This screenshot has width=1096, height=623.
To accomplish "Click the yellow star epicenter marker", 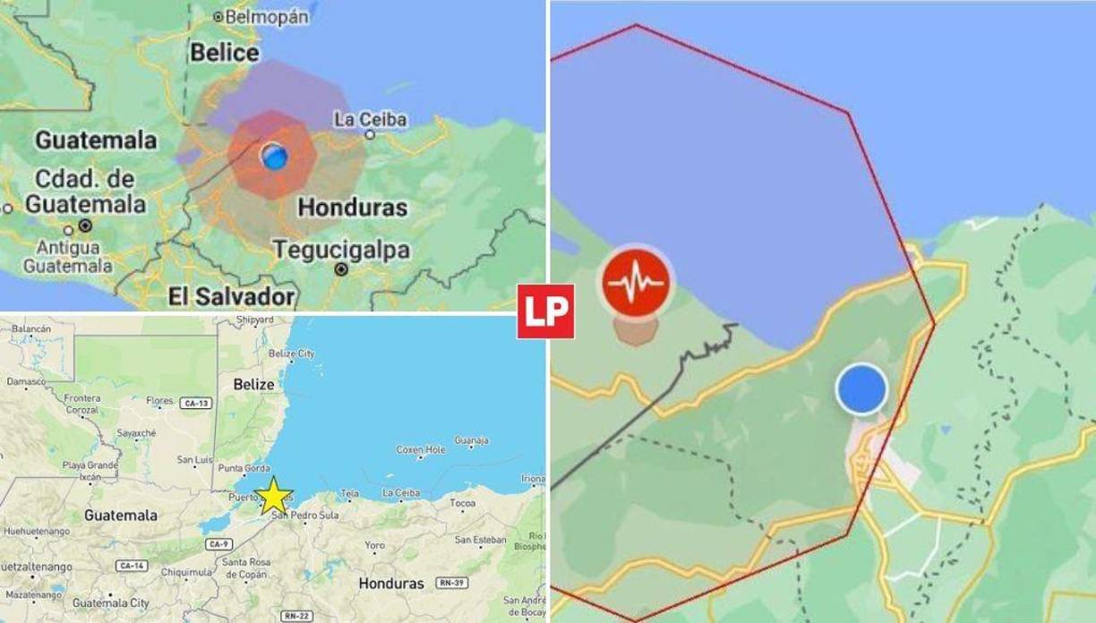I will (x=274, y=495).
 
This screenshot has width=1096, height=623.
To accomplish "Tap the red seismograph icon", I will (x=636, y=284).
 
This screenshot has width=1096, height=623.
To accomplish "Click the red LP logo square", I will (x=545, y=311).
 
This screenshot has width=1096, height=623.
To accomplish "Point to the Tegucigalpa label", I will (x=340, y=249).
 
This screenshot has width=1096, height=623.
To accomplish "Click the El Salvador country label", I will (x=231, y=296).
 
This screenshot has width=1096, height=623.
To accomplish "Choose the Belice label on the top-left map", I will (x=224, y=53).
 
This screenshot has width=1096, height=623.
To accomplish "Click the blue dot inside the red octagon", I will (x=275, y=156).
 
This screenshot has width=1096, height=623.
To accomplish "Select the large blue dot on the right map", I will (x=861, y=389).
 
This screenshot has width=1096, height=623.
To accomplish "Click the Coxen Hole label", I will (x=420, y=449).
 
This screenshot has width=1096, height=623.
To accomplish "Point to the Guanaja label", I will (x=471, y=440).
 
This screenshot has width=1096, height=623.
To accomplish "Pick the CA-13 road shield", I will (x=194, y=403).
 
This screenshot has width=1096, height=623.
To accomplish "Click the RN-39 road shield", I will (x=451, y=583).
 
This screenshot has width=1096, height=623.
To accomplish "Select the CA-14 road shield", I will (x=132, y=566).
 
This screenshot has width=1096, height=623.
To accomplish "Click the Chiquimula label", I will (x=184, y=572).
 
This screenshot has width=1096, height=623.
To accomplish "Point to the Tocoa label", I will (x=463, y=503).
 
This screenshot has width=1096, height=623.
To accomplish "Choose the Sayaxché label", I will (x=137, y=433).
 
